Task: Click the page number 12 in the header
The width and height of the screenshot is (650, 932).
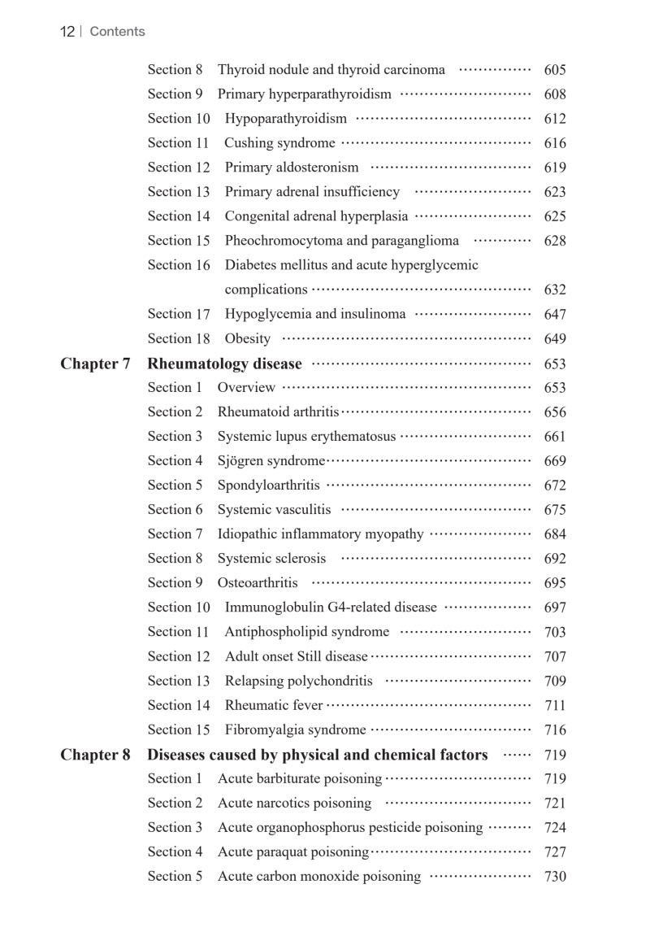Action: pos(67,32)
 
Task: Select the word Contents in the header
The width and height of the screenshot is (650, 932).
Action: pos(117,32)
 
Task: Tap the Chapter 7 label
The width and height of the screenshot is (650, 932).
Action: pos(95,364)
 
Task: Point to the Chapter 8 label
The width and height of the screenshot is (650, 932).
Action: pos(95,755)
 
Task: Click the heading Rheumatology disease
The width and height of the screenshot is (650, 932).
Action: pos(224,364)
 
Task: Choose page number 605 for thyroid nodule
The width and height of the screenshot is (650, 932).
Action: pos(555,70)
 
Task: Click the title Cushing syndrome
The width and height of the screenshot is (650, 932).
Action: pos(279,143)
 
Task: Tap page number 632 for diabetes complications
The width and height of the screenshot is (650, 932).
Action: pos(555,290)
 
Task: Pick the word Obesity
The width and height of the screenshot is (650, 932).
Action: pos(248,339)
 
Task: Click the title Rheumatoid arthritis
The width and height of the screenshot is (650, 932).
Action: pos(278,412)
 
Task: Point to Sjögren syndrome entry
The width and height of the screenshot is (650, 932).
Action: pos(271,461)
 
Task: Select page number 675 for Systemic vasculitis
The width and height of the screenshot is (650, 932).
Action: pos(555,510)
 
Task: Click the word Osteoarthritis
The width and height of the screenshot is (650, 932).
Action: pos(258,583)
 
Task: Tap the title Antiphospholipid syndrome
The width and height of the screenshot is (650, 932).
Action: pos(307,632)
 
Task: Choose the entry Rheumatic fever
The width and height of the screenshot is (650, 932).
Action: pos(274,705)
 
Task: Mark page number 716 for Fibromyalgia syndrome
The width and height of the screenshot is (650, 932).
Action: pos(555,730)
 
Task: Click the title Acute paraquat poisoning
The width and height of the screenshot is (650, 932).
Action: pos(293,852)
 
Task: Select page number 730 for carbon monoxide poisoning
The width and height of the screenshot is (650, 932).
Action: pos(555,877)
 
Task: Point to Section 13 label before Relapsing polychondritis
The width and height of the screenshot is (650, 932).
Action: pos(179,681)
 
